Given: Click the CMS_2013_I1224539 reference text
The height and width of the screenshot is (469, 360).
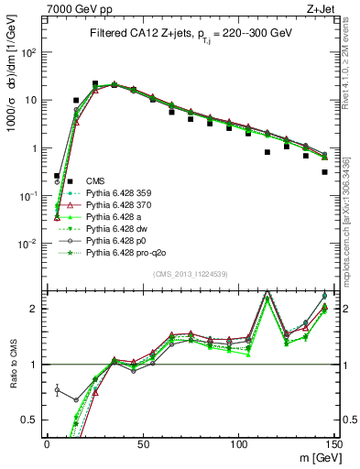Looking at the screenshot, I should [x=190, y=273].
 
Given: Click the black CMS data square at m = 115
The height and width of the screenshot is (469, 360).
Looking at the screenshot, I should [x=267, y=153].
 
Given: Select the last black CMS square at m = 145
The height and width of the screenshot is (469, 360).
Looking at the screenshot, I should [x=324, y=171].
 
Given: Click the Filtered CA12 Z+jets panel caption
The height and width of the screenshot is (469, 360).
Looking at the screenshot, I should [x=191, y=32].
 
